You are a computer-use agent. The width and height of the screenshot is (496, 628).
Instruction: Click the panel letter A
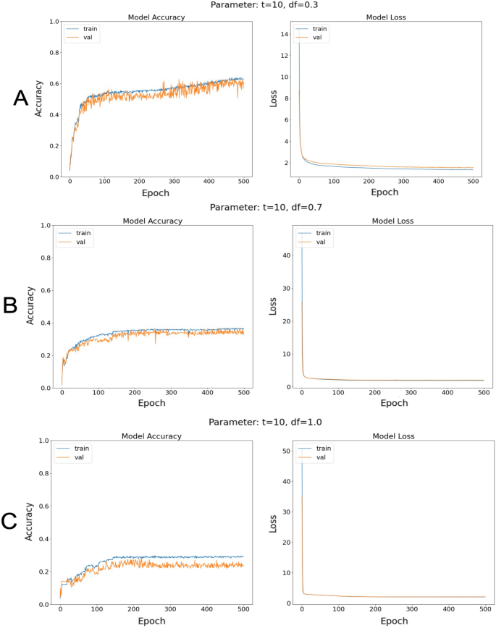click(21, 99)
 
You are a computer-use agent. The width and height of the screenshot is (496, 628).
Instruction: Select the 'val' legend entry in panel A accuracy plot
click(92, 38)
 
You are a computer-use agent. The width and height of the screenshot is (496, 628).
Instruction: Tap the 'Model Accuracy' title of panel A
click(157, 16)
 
